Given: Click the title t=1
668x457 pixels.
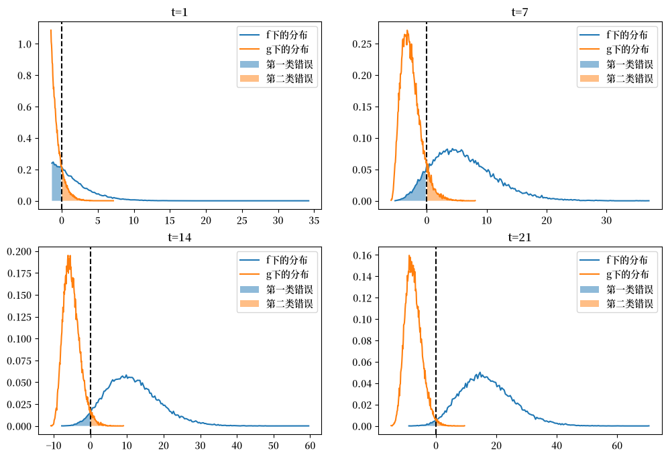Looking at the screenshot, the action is (179, 12).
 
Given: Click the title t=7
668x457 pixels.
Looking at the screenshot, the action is (520, 12).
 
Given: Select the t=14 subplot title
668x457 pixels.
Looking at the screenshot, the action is (179, 237).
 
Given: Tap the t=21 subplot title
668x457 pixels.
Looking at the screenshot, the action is (520, 237).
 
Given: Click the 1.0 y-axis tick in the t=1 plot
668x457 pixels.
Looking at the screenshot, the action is (25, 44).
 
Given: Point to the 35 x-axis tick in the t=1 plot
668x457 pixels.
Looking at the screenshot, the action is (314, 220).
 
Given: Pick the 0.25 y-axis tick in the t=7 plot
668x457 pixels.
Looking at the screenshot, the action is (362, 44).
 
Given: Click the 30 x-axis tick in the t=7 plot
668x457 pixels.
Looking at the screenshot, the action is (606, 220).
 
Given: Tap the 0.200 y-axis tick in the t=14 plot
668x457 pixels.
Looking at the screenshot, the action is (19, 251).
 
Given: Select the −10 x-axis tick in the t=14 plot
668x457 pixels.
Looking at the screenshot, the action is (54, 445).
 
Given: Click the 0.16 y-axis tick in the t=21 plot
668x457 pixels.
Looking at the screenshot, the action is (362, 255).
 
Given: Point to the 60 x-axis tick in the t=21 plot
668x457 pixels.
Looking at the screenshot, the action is (617, 445).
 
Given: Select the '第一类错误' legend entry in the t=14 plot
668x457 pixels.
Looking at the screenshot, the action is (276, 289).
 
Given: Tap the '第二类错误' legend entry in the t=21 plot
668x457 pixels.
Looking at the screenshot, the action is (616, 304).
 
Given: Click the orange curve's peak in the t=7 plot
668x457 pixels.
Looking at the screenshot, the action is (407, 31).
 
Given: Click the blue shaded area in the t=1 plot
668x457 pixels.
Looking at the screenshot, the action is (56, 183).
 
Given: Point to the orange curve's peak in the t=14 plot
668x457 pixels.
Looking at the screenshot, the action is (68, 256).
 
